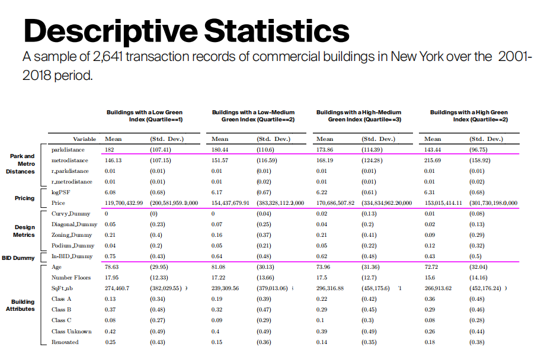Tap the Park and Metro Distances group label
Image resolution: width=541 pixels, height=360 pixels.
click(x=21, y=163)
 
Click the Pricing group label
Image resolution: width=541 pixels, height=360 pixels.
click(x=25, y=198)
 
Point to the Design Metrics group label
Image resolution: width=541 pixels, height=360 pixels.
click(x=24, y=231)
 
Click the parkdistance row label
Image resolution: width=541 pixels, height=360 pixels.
click(x=68, y=150)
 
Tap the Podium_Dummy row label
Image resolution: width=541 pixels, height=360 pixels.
click(x=73, y=246)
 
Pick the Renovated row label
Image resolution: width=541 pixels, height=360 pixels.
click(x=65, y=342)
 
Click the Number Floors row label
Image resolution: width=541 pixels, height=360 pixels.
click(x=71, y=278)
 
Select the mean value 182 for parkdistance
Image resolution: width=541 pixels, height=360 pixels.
click(x=109, y=150)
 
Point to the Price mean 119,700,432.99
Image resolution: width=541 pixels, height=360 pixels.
click(x=124, y=203)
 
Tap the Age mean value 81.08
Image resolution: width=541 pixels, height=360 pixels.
click(x=219, y=267)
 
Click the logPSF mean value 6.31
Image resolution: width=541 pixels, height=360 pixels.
click(x=430, y=192)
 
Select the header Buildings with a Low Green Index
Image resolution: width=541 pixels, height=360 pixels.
click(x=144, y=115)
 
